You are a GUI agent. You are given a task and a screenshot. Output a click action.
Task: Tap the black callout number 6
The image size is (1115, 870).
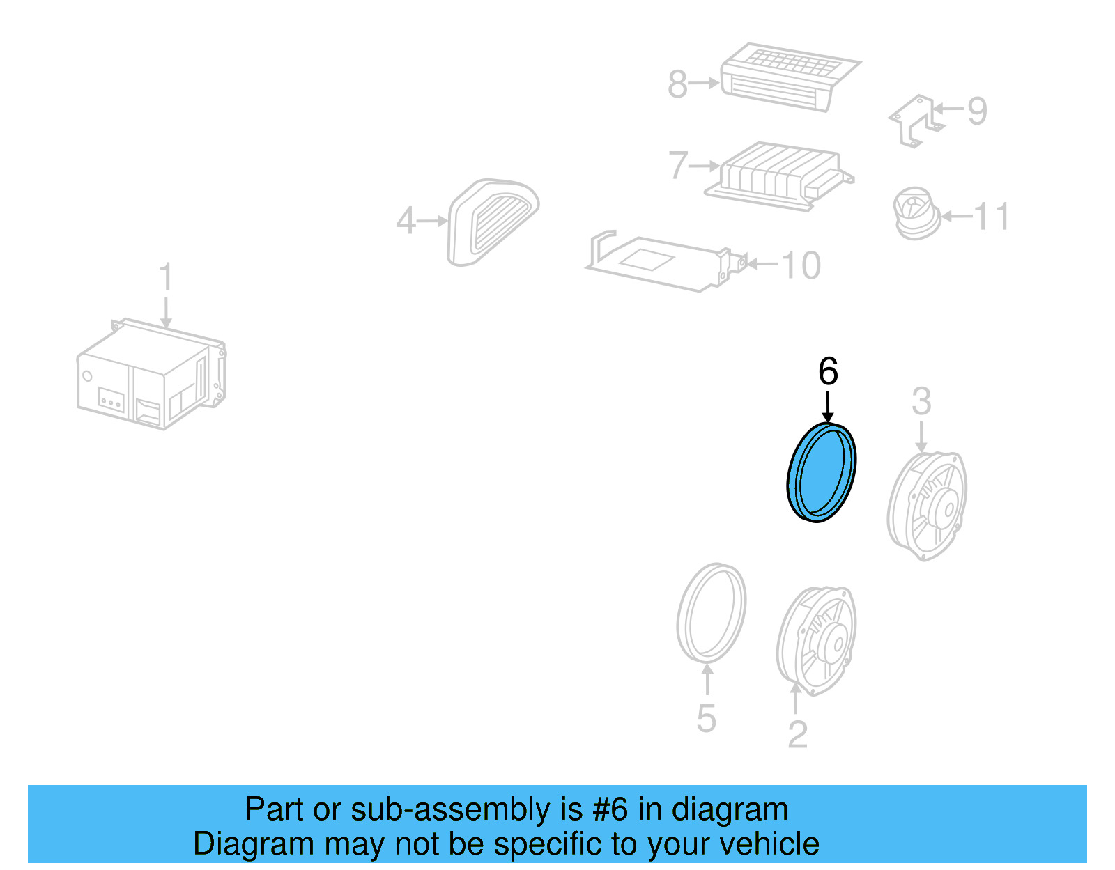point(828,371)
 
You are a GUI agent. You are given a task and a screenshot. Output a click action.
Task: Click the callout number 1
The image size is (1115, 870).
point(165,277)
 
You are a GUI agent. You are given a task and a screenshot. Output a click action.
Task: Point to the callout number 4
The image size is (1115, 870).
point(406,222)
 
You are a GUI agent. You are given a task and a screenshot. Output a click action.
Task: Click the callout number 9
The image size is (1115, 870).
point(977,110)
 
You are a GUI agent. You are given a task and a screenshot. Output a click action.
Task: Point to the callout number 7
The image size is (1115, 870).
point(678,166)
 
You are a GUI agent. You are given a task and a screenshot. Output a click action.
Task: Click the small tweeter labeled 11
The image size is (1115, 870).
point(915,213)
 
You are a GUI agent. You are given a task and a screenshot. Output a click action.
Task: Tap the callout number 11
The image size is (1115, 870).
point(992,217)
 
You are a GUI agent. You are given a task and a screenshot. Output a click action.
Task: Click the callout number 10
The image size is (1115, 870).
point(801,265)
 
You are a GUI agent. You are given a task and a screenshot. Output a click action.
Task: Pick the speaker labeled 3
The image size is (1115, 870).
point(928,505)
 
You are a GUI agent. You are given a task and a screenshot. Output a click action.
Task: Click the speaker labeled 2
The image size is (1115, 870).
point(817,640)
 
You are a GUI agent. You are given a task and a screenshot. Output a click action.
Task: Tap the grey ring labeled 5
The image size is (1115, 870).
point(711,613)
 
